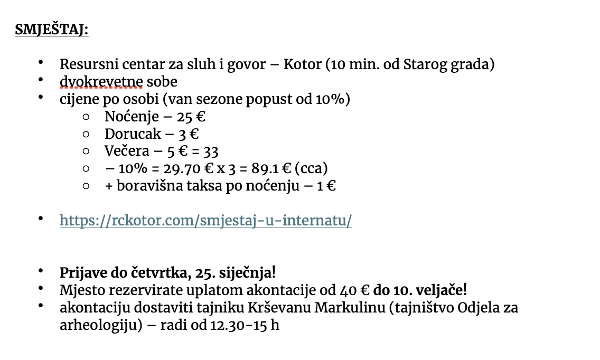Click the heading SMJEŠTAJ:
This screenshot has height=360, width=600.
coord(52,29)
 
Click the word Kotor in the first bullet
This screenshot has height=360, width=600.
coord(302,65)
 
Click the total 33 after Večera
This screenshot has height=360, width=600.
coord(211,151)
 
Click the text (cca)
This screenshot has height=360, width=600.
coord(312,169)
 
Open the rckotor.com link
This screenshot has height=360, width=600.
coord(206,220)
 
